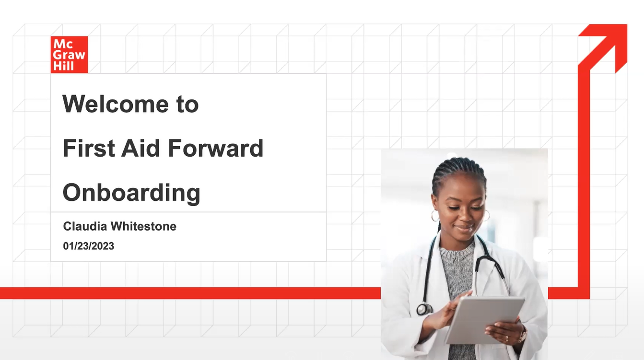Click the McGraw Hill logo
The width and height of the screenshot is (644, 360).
pyautogui.click(x=69, y=55)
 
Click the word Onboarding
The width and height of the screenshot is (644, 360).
pyautogui.click(x=131, y=193)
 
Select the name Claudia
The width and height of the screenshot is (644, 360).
pyautogui.click(x=85, y=226)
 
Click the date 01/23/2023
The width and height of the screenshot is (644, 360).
pyautogui.click(x=89, y=246)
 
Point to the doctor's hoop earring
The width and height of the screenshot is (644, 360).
pyautogui.click(x=435, y=216)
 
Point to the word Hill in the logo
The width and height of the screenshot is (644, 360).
pyautogui.click(x=63, y=66)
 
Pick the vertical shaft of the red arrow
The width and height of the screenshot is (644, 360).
pyautogui.click(x=584, y=182)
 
